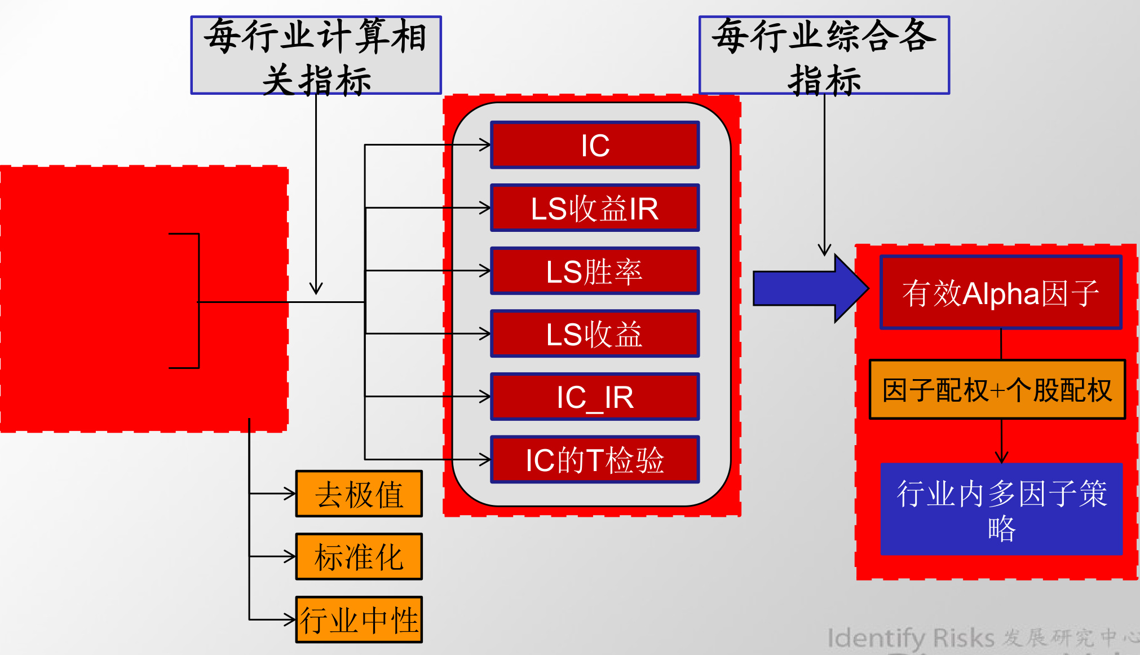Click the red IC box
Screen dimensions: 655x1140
click(595, 145)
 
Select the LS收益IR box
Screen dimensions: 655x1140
click(595, 208)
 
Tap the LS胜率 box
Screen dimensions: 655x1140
click(595, 271)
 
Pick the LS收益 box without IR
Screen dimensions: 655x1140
click(595, 334)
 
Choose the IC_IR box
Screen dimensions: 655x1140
click(595, 397)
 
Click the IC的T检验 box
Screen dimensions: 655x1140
click(595, 460)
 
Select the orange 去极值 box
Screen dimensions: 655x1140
click(359, 494)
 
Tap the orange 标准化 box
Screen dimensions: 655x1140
click(359, 557)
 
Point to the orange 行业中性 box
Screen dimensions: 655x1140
click(359, 619)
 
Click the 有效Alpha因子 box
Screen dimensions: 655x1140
click(1001, 293)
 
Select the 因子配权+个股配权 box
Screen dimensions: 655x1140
click(997, 390)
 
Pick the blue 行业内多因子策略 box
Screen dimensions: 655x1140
click(1001, 509)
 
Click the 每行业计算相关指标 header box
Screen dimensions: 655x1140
click(316, 55)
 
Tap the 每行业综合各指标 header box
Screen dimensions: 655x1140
click(824, 55)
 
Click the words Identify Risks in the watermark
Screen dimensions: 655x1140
click(911, 638)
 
